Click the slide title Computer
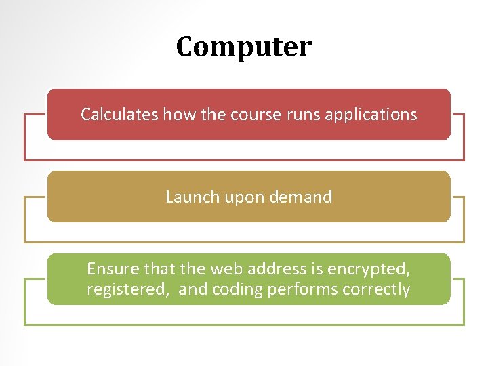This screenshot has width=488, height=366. click(244, 47)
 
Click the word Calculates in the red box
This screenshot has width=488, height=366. click(119, 114)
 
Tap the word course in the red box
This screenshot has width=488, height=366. click(256, 114)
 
